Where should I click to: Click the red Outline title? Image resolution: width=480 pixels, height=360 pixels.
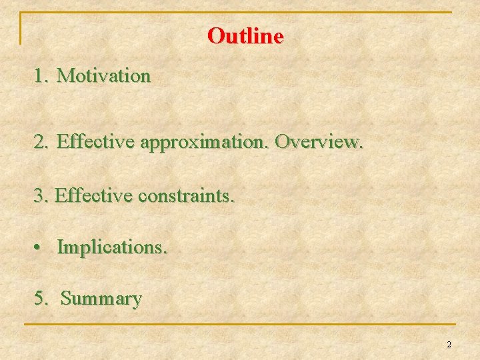click(245, 35)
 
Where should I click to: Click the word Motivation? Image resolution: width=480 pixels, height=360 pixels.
click(104, 76)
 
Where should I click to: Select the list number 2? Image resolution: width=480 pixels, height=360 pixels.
click(41, 141)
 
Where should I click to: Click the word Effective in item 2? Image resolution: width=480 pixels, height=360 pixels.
click(96, 141)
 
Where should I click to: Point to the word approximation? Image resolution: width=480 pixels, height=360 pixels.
click(205, 142)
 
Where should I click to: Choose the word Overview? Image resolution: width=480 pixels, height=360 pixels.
click(319, 141)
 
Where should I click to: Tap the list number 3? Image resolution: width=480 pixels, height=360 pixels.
click(40, 196)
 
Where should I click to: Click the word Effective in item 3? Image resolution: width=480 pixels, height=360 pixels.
click(93, 196)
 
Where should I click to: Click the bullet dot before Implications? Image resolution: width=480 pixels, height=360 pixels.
click(40, 247)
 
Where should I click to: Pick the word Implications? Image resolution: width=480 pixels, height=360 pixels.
click(113, 247)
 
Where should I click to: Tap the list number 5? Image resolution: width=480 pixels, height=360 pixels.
click(41, 298)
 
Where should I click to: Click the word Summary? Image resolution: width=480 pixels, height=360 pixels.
click(101, 299)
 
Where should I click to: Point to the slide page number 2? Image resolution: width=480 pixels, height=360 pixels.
click(449, 345)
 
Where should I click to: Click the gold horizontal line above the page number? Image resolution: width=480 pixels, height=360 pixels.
click(240, 325)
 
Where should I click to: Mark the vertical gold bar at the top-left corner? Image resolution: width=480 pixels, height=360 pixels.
click(21, 28)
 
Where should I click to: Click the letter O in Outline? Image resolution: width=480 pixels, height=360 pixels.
click(215, 35)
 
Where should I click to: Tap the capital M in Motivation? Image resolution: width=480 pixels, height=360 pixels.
click(65, 76)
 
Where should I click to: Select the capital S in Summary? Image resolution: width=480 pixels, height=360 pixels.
click(65, 298)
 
